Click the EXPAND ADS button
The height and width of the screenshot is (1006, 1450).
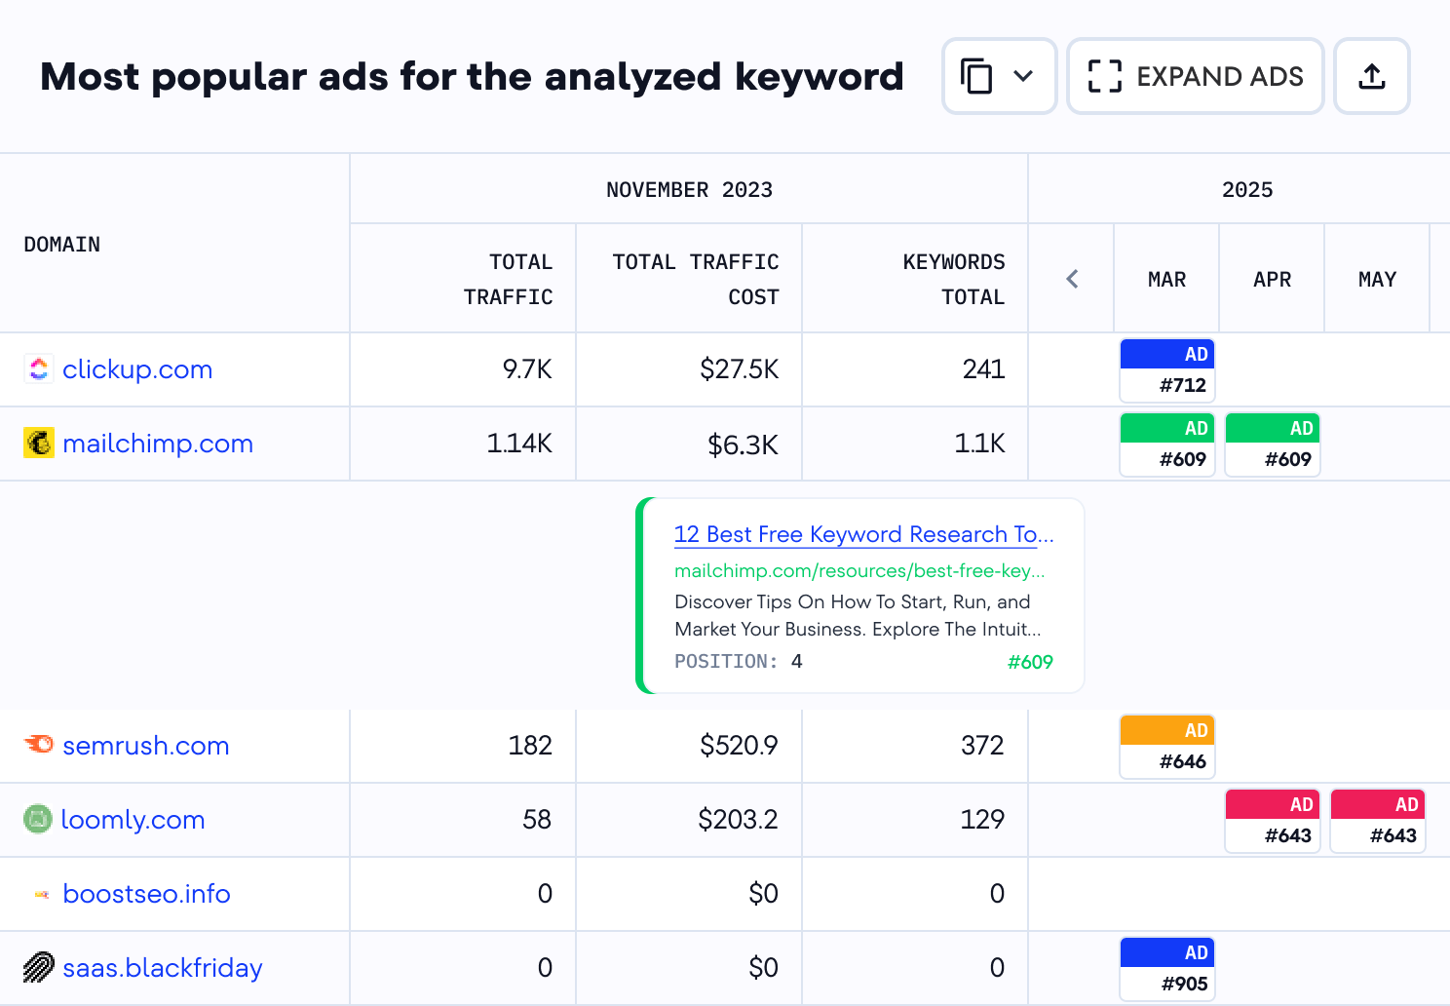pos(1195,76)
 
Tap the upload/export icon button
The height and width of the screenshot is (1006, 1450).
pos(1371,76)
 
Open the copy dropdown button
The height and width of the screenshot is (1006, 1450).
pos(999,76)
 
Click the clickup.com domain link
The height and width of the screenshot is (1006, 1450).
pos(137,369)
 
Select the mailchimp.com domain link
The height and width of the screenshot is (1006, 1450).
pos(158,444)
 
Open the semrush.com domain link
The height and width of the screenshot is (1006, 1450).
pos(146,746)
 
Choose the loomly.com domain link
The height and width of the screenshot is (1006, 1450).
pos(133,820)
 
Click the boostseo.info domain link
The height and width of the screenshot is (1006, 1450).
pos(146,894)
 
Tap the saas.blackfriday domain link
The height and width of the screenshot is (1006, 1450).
pos(163,968)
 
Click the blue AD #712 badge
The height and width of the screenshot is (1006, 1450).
pos(1167,370)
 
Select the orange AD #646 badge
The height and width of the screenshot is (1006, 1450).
pos(1167,747)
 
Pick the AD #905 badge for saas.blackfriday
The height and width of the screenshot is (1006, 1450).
pos(1167,969)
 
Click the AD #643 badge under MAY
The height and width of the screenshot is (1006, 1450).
pos(1378,821)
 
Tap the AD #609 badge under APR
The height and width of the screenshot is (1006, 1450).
pos(1273,445)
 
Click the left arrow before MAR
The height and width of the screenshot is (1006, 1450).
pos(1072,279)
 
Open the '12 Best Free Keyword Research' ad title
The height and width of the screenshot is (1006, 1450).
pos(863,534)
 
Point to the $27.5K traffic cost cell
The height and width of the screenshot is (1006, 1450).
pos(739,369)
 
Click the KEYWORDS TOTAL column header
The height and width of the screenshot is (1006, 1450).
pos(953,279)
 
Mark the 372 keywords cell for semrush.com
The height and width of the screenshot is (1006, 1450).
pos(981,746)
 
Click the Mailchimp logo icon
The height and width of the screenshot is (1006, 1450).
pos(39,444)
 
